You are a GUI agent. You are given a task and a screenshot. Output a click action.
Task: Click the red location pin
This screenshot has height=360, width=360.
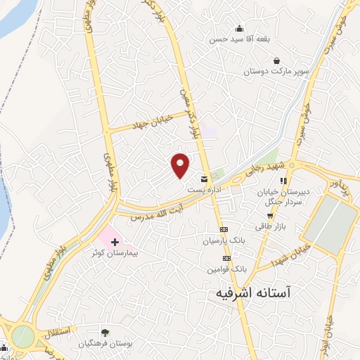pyautogui.click(x=181, y=164)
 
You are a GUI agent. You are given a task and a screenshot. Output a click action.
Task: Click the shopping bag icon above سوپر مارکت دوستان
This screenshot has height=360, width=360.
pyautogui.click(x=276, y=60)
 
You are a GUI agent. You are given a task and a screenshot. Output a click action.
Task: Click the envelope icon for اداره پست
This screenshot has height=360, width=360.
pyautogui.click(x=204, y=179)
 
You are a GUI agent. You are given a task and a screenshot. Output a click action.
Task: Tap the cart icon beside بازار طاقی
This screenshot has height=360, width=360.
pyautogui.click(x=308, y=215)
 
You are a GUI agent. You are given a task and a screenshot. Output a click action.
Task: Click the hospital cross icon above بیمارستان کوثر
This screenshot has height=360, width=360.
pyautogui.click(x=115, y=241)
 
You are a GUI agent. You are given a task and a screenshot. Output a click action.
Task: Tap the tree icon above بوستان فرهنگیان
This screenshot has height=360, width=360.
pyautogui.click(x=105, y=332)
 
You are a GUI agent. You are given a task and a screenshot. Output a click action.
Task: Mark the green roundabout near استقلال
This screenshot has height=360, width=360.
pyautogui.click(x=22, y=336)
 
